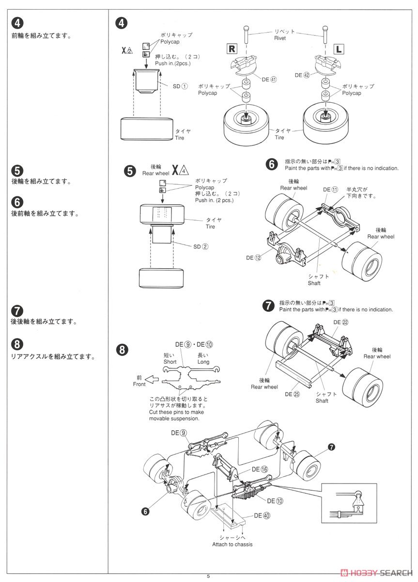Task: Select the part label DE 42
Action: point(302,75)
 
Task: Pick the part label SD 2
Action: point(201,246)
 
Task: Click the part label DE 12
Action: point(253,258)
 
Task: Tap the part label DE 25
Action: point(293,394)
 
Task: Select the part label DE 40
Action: point(261,516)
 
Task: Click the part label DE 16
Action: point(259,469)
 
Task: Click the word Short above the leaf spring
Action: point(170,361)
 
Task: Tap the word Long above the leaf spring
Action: point(203,361)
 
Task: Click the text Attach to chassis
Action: point(232,544)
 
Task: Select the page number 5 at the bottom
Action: point(208,576)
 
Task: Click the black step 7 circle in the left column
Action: point(16,310)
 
